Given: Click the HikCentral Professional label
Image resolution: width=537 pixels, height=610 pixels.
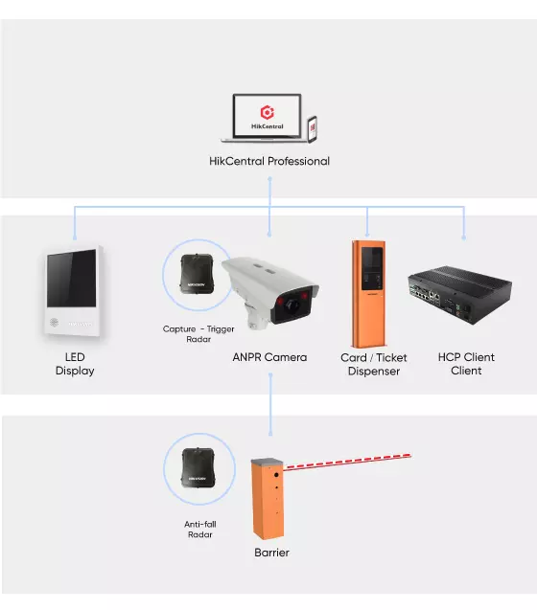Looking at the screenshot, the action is (269, 161).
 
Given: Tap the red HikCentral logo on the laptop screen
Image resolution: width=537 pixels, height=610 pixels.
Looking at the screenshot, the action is (267, 112).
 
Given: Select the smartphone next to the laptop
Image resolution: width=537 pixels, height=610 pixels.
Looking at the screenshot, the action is (313, 129).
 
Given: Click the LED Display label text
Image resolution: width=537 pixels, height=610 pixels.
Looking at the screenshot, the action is (75, 364).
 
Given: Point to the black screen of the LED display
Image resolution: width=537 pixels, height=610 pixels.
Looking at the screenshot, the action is (71, 278).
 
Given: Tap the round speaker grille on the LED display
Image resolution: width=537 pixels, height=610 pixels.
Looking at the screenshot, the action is (54, 322).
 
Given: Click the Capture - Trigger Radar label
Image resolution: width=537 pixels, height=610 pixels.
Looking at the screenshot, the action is (198, 334).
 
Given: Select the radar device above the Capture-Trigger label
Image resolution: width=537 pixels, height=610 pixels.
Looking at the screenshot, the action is (198, 274).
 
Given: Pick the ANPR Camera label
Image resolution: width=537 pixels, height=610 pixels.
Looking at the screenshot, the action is (269, 357).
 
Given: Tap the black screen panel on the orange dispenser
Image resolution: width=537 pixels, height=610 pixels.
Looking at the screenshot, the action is (372, 268).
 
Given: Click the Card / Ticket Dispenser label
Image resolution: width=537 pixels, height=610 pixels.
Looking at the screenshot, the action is (374, 364).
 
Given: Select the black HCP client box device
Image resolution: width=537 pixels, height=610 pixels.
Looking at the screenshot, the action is (460, 295).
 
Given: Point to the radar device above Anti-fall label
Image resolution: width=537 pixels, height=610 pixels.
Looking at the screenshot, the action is (198, 467).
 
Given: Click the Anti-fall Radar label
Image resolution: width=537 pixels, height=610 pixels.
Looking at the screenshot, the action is (199, 529).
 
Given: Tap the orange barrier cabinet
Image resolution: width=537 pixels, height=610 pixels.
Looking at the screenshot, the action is (268, 499).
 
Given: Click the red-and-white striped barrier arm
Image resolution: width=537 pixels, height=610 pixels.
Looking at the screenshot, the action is (347, 462).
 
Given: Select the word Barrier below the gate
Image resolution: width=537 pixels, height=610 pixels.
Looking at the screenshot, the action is (271, 553).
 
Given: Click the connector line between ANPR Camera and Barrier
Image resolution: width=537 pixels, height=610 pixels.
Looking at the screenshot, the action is (270, 404).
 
